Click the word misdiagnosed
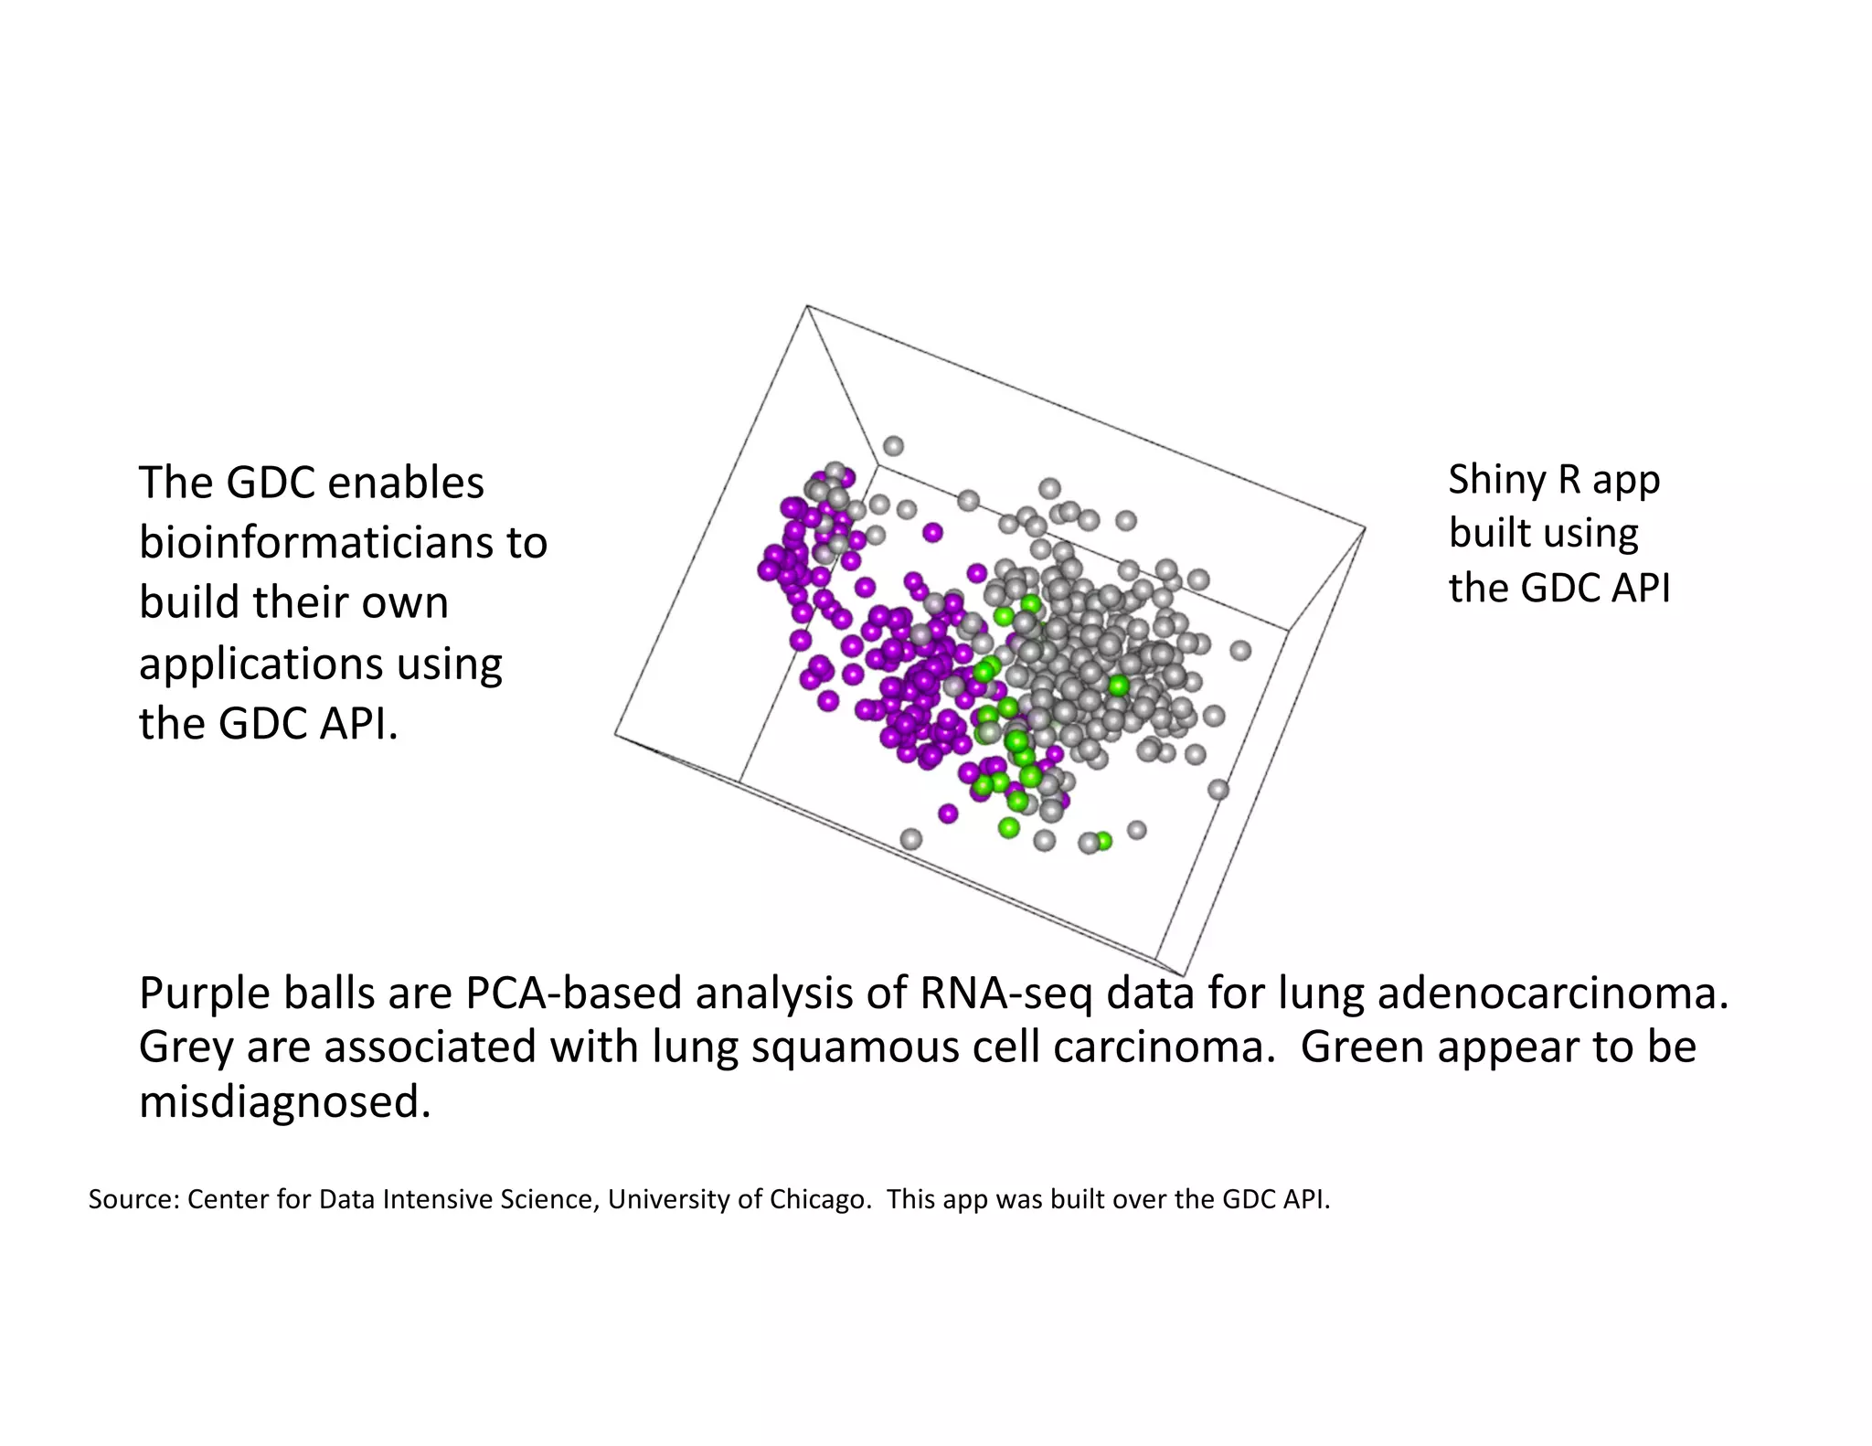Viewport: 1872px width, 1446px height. (284, 1102)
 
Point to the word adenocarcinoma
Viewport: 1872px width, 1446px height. (1553, 994)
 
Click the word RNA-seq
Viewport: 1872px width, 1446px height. (1006, 994)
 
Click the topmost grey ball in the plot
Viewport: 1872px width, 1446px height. (893, 446)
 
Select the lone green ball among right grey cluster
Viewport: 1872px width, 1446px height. (1118, 685)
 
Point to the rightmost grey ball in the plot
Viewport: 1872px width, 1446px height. (1239, 650)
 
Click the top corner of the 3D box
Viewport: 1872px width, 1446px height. (806, 306)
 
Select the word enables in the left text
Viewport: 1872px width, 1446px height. (405, 483)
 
